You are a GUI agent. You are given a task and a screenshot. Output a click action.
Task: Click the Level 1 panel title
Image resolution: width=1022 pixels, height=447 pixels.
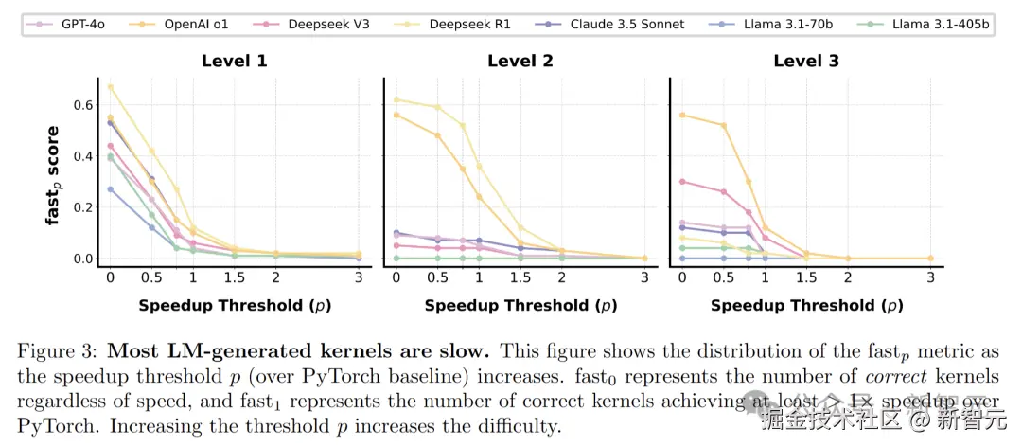click(234, 62)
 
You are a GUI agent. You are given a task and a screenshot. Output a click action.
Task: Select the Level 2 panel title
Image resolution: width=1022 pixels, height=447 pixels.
click(520, 62)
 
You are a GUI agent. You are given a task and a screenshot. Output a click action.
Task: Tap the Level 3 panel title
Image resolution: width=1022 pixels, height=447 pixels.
click(805, 62)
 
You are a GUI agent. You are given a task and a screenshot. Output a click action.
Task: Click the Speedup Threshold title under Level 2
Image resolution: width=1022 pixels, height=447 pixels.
click(520, 305)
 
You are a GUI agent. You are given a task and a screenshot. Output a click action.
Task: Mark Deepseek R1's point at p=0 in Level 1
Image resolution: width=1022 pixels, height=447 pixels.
click(110, 87)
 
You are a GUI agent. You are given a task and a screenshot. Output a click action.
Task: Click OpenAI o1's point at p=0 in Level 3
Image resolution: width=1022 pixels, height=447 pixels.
click(681, 115)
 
